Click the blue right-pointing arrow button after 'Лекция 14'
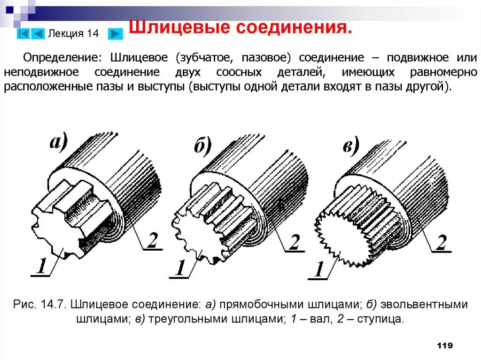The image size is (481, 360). coord(115,34)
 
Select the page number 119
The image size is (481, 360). coord(444,345)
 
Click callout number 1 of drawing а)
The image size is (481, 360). coord(41,267)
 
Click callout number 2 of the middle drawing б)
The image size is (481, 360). coord(294,242)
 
